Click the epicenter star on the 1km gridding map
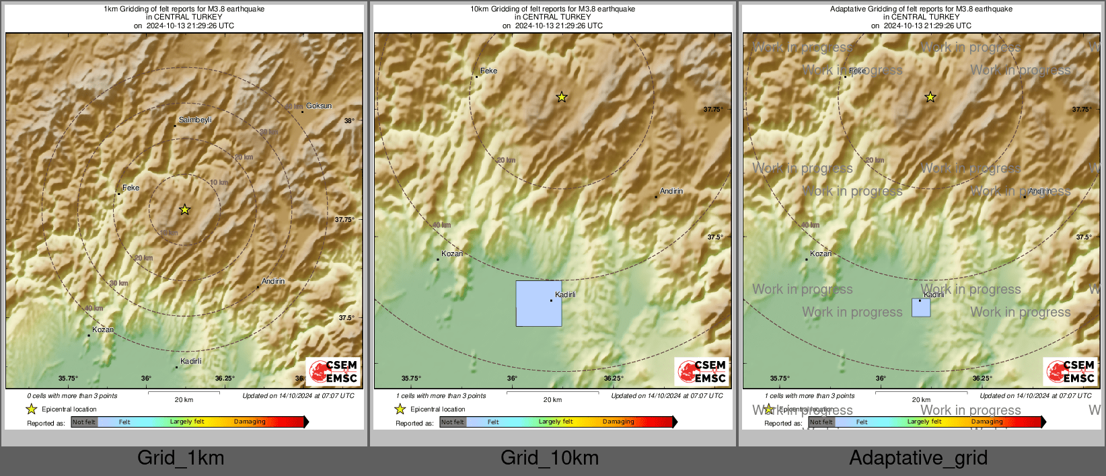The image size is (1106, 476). click(184, 210)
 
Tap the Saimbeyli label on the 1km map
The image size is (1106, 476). click(195, 120)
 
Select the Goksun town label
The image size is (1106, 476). click(319, 106)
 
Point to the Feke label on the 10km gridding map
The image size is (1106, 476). click(488, 71)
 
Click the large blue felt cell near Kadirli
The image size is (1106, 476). click(538, 304)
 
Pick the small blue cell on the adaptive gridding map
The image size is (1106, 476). click(921, 308)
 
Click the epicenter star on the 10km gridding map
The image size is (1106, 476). click(562, 97)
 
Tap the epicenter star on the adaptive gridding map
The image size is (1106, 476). click(930, 97)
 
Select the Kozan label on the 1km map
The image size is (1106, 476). click(103, 329)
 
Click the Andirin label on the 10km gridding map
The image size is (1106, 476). click(671, 192)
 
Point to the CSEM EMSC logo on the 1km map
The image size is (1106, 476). click(334, 372)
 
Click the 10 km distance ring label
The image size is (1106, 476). click(219, 183)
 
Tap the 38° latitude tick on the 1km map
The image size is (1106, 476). click(348, 121)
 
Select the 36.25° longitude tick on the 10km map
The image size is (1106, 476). click(614, 379)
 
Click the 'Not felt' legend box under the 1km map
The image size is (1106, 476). click(84, 422)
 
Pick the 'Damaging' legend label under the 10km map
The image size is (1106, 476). click(618, 422)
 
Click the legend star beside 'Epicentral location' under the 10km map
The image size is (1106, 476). click(400, 409)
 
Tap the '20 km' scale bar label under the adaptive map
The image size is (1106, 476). click(921, 400)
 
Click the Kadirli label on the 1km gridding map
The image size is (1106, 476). click(191, 361)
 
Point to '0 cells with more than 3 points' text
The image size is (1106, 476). click(72, 396)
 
